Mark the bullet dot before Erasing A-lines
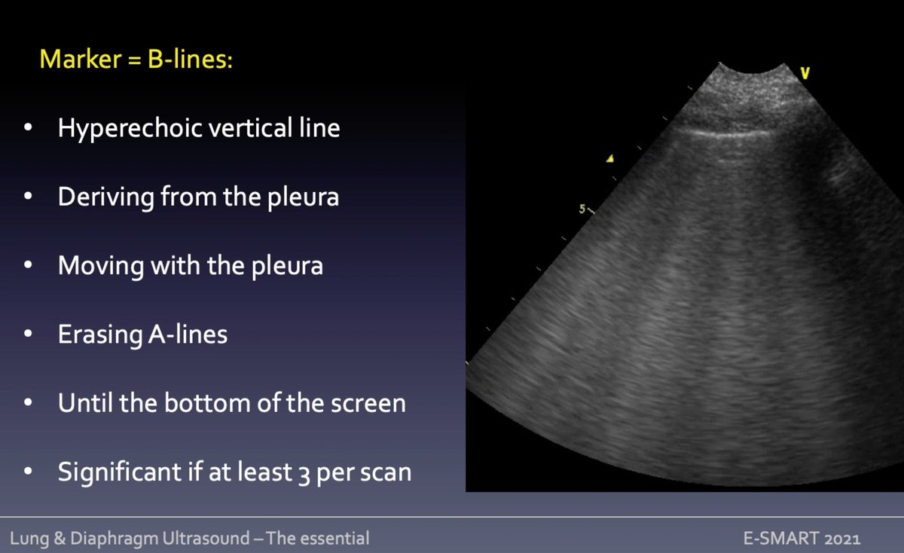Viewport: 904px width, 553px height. pos(28,335)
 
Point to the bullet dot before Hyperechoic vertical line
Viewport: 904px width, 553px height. pos(28,129)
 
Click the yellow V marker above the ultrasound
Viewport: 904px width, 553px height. pos(805,73)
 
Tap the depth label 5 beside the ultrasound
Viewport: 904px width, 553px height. pos(582,209)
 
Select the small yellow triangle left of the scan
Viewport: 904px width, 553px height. pos(611,158)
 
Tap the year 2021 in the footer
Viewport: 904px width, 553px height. pos(841,539)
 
